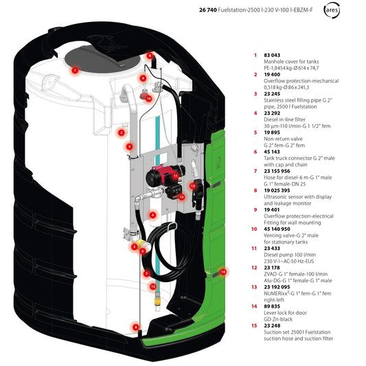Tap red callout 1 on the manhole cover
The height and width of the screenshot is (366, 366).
pyautogui.click(x=76, y=70)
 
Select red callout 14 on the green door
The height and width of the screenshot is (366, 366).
pyautogui.click(x=222, y=272)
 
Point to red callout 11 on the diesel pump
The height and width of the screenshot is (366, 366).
pyautogui.click(x=176, y=176)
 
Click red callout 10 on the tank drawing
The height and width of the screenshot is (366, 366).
pyautogui.click(x=148, y=98)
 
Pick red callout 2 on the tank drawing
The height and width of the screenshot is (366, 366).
pyautogui.click(x=121, y=133)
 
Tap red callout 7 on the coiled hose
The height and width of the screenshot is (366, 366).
pyautogui.click(x=147, y=273)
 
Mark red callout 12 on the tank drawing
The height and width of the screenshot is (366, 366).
pyautogui.click(x=193, y=185)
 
